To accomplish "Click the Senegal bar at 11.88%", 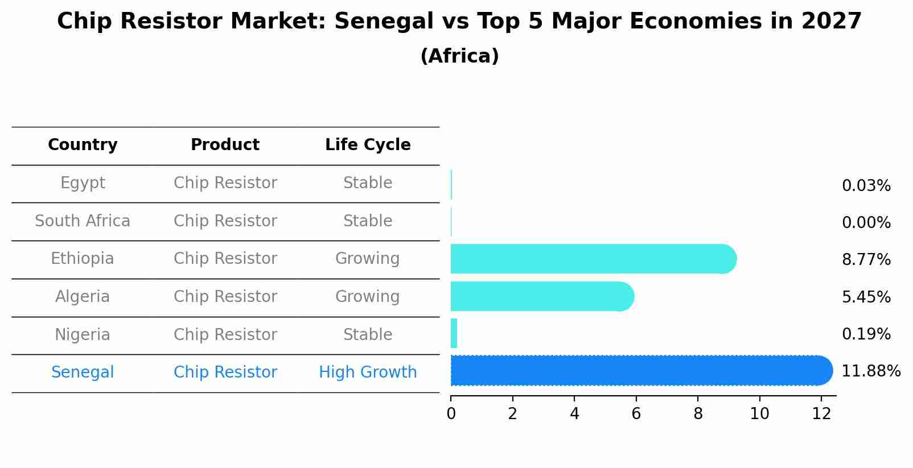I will [x=640, y=371].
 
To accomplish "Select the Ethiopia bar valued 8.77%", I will [x=592, y=259].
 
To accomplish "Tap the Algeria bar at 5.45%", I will [x=541, y=296].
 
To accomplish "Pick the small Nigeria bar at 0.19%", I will [x=454, y=333].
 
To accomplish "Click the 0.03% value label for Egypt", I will [x=866, y=186].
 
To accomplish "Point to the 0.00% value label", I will [x=866, y=223].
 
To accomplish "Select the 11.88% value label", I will [x=870, y=371].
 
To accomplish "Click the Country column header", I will [x=83, y=145].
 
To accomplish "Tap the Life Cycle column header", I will [x=368, y=145].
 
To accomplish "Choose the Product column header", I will [x=225, y=145].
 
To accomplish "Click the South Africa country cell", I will [x=83, y=221].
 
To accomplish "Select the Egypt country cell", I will [x=83, y=183].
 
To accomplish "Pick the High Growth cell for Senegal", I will [x=368, y=372].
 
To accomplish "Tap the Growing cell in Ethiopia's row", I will [x=368, y=259].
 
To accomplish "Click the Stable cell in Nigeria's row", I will [x=368, y=335].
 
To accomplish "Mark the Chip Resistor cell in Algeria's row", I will [x=225, y=297].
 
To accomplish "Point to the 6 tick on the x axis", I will [x=636, y=413].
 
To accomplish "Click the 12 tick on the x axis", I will [x=821, y=413].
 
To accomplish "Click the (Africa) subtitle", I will [x=459, y=56].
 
